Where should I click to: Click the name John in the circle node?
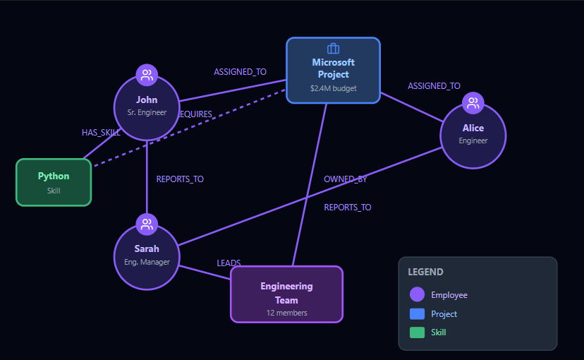click(147, 100)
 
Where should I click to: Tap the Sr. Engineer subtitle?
click(147, 112)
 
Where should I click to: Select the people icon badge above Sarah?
click(147, 224)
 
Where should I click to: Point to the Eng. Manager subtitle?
click(147, 261)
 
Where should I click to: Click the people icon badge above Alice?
click(473, 104)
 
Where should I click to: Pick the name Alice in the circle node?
click(473, 128)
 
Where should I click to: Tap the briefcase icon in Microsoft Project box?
click(333, 49)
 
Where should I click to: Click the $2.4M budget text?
click(333, 89)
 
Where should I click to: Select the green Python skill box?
click(54, 182)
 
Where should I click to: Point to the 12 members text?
click(286, 312)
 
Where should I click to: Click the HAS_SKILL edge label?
click(101, 132)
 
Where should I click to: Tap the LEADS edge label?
click(229, 263)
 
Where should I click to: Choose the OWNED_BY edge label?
click(346, 179)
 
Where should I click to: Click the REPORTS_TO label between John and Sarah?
click(180, 179)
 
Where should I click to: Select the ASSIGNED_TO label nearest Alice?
click(434, 86)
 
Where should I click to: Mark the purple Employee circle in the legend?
click(417, 295)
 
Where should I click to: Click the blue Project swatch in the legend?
click(417, 314)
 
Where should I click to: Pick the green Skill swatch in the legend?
click(417, 332)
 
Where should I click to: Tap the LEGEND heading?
click(425, 272)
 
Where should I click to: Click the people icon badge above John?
click(147, 75)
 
